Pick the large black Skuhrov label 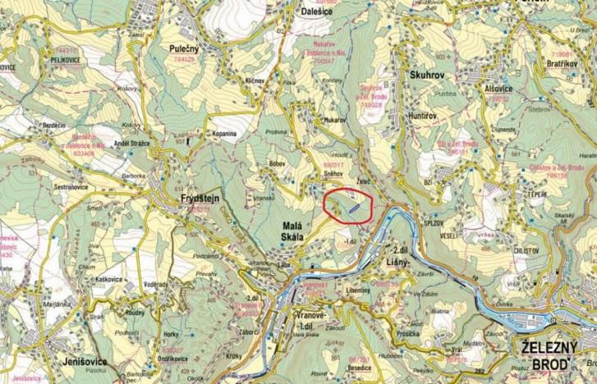pos(425,75)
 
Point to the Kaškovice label pos(108,279)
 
